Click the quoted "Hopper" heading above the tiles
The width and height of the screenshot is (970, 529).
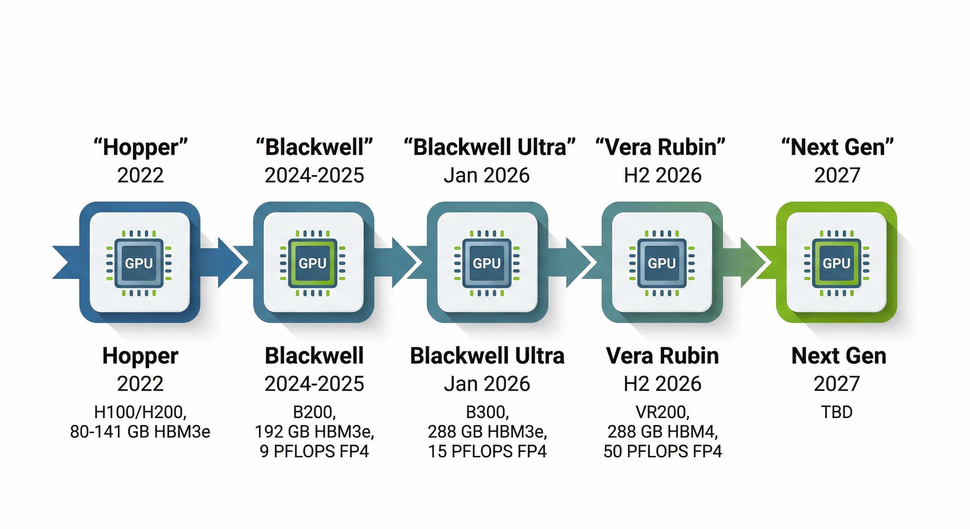(x=141, y=147)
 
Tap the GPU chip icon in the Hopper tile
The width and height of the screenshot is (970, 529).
(x=139, y=263)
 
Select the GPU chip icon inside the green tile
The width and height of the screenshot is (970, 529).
(x=836, y=263)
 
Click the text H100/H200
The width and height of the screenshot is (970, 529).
(x=140, y=412)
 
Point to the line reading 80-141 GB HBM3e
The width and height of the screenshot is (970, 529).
(x=140, y=432)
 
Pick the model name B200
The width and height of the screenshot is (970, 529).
(x=314, y=412)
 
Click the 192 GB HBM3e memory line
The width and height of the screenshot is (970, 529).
(x=314, y=432)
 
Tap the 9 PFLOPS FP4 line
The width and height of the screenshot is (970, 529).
(x=314, y=451)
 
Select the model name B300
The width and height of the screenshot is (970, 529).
(x=487, y=412)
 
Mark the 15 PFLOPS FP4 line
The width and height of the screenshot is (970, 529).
(x=487, y=451)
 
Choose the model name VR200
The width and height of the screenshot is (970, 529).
(x=662, y=412)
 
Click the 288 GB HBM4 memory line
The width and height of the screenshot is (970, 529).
(x=662, y=432)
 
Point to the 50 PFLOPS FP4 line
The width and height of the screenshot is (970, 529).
(x=662, y=451)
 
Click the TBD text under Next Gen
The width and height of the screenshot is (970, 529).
(x=837, y=412)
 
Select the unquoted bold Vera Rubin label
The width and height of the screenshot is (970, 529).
(x=662, y=356)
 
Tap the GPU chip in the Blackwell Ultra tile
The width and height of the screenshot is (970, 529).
(x=487, y=263)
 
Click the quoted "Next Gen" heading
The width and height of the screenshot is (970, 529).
(x=837, y=147)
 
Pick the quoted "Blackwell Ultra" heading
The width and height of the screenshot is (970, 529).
(x=489, y=147)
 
